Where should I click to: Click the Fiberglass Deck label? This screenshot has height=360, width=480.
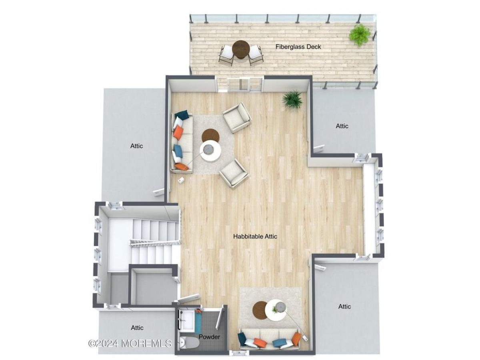click(298, 47)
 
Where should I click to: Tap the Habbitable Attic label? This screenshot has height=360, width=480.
click(255, 236)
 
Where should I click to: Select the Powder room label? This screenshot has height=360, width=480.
click(209, 337)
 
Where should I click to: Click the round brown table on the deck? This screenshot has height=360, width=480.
click(240, 49)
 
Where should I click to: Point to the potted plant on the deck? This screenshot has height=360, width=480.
click(359, 35)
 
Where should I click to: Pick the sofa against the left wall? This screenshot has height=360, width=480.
click(182, 142)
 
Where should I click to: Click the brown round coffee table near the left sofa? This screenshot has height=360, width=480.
click(210, 136)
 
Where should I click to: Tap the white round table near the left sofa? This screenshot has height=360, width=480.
click(210, 151)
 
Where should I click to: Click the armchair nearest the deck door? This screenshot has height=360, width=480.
click(237, 118)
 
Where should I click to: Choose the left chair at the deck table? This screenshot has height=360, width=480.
click(226, 55)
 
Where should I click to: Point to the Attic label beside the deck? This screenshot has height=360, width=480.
click(342, 126)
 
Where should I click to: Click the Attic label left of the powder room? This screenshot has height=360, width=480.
click(137, 328)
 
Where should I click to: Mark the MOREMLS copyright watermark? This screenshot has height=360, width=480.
click(130, 343)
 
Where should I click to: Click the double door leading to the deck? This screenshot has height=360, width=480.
click(245, 84)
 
